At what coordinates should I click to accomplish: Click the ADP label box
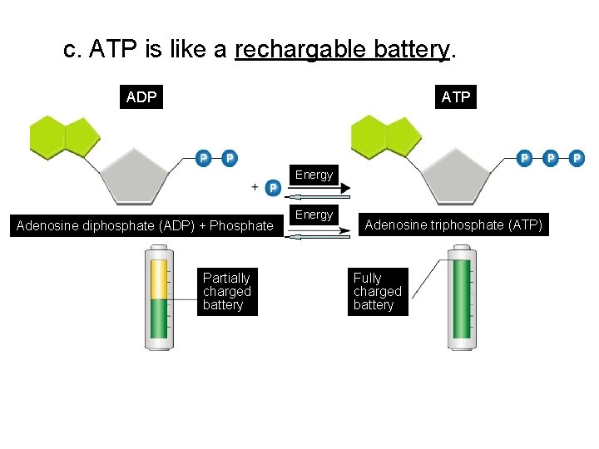pyautogui.click(x=141, y=97)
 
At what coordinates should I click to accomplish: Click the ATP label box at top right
pyautogui.click(x=456, y=97)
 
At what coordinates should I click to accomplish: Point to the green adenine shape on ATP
pyautogui.click(x=385, y=136)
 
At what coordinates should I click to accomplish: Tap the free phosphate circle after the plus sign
pyautogui.click(x=272, y=188)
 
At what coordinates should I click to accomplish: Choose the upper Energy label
pyautogui.click(x=314, y=175)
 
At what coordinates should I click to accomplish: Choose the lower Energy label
pyautogui.click(x=314, y=215)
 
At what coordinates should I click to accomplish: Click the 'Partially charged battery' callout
pyautogui.click(x=226, y=292)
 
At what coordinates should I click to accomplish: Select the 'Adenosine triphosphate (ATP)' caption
pyautogui.click(x=453, y=224)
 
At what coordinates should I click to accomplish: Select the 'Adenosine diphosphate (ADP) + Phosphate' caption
pyautogui.click(x=145, y=225)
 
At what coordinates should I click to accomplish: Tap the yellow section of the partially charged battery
pyautogui.click(x=158, y=279)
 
